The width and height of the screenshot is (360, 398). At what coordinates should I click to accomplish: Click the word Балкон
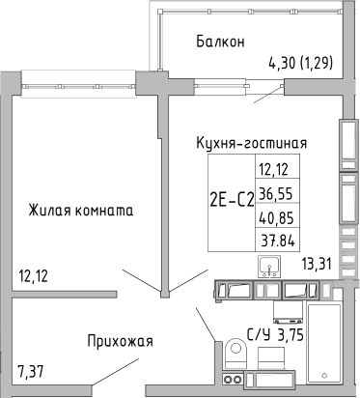point(218,42)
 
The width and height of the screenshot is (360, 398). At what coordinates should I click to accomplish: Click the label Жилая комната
point(80,209)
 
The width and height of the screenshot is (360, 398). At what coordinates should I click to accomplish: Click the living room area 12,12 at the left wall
point(34,276)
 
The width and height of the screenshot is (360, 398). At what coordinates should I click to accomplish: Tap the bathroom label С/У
point(259,335)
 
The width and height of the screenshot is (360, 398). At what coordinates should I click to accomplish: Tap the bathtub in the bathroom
point(329,343)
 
